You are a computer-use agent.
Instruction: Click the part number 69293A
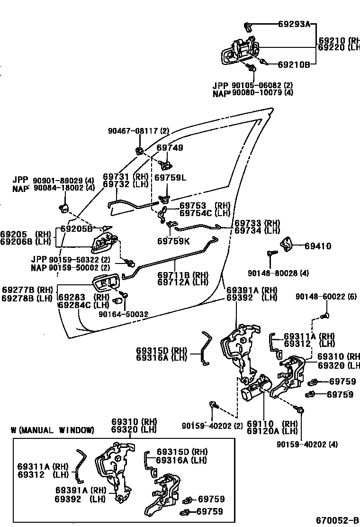point(294,24)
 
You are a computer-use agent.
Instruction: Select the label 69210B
point(294,64)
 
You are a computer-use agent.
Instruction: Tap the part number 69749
point(170,148)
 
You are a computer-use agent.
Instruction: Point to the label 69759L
point(171,178)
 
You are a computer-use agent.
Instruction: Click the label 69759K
point(173,241)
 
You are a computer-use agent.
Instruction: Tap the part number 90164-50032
point(123,314)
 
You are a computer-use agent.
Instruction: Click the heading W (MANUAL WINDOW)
point(52,430)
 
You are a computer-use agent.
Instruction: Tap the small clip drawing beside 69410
point(287,244)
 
